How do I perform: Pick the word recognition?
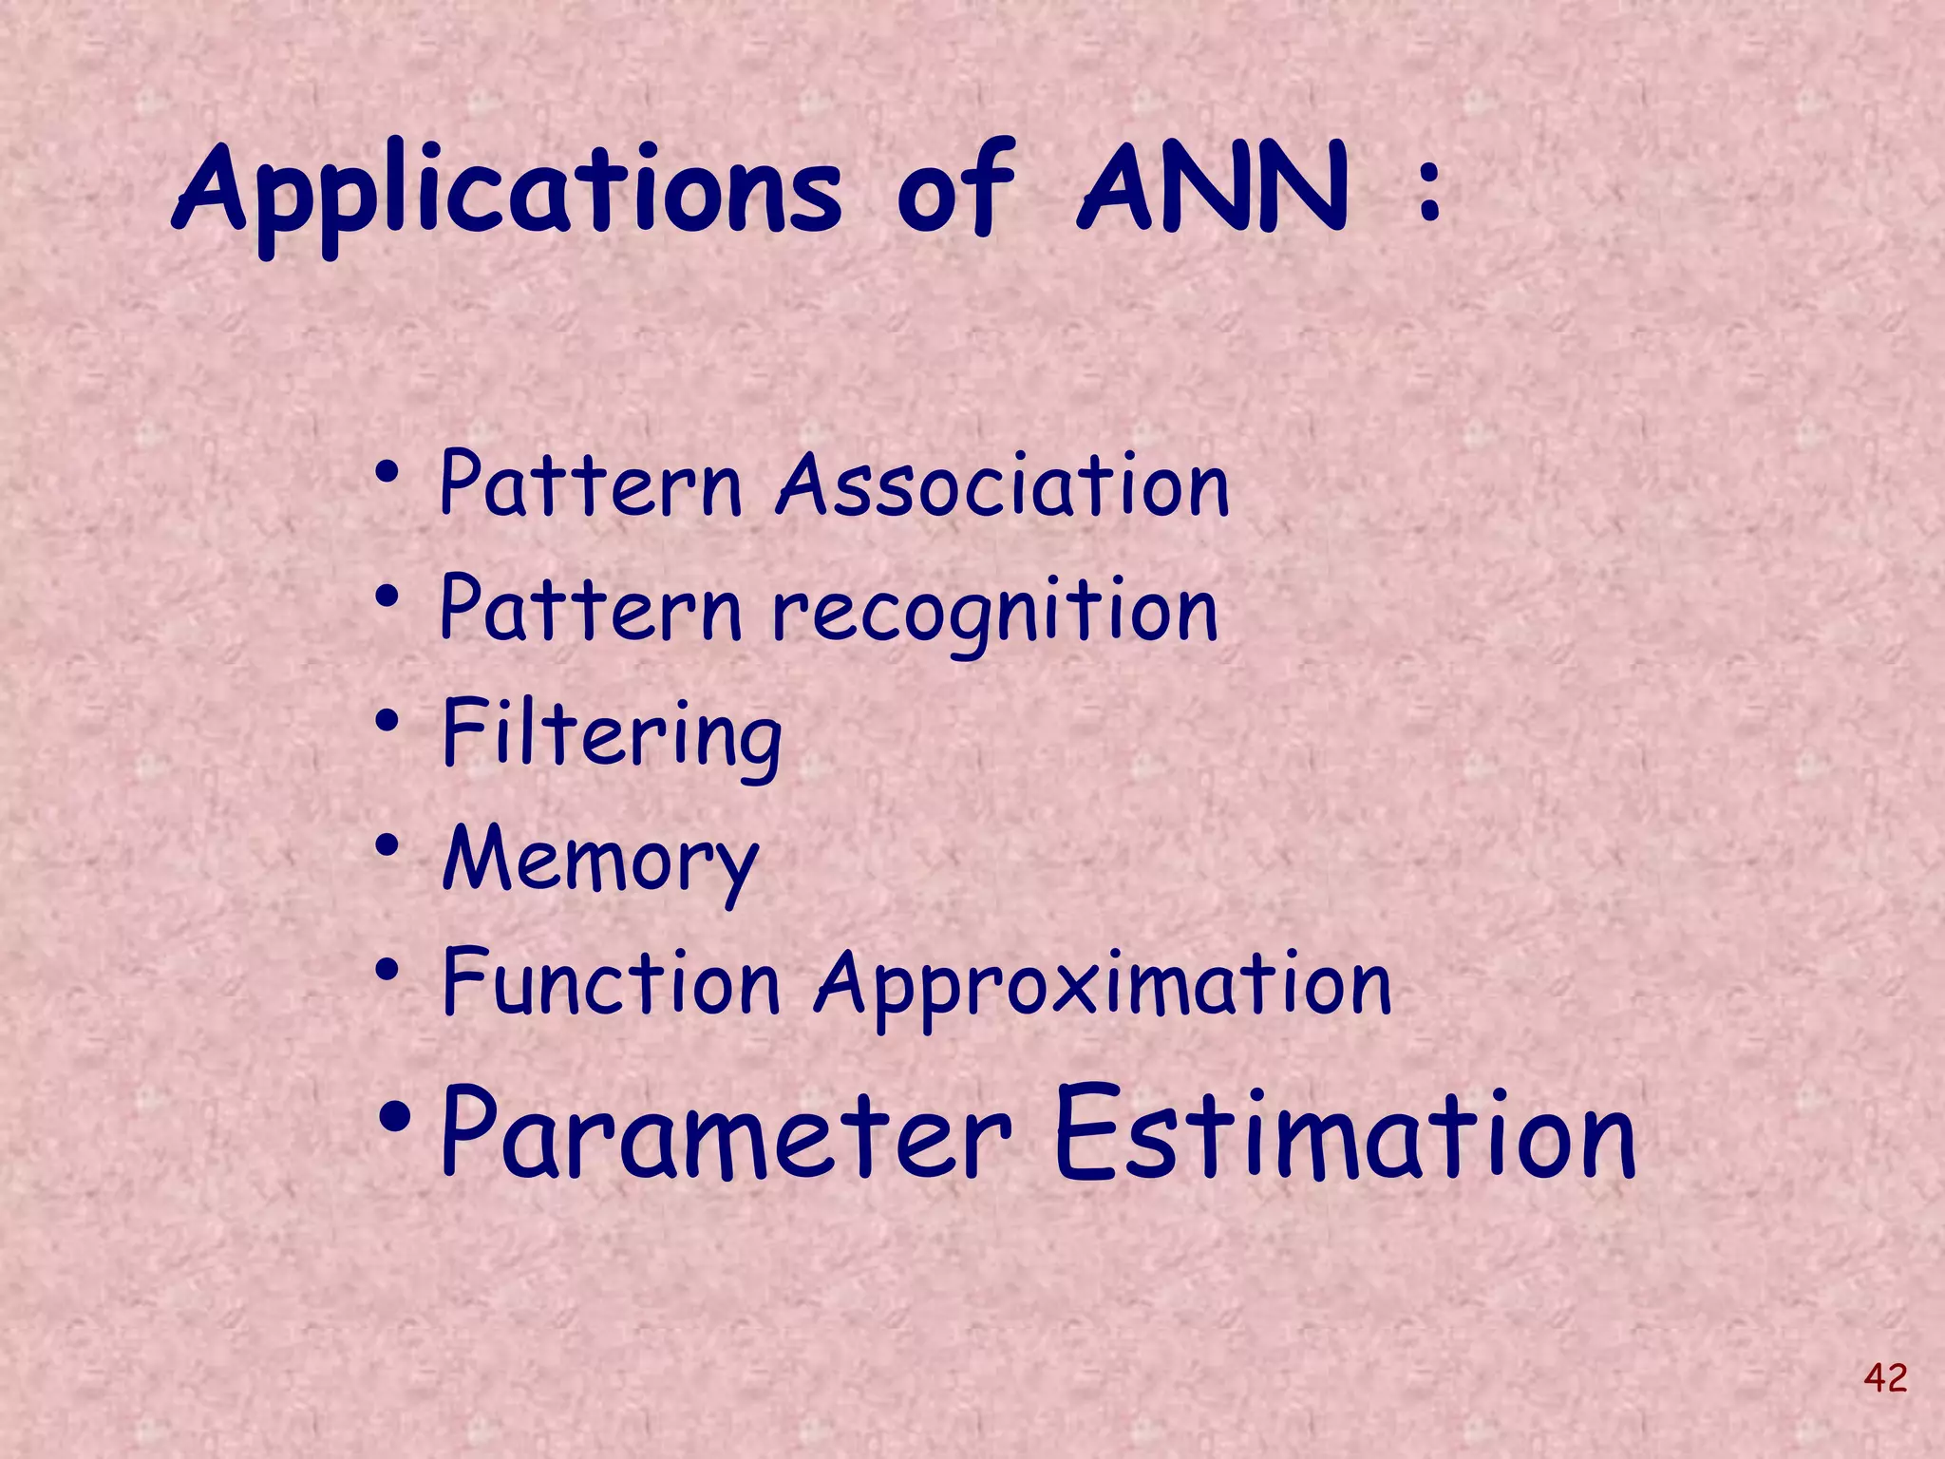(995, 613)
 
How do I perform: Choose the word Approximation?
(1104, 986)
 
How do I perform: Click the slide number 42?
(1885, 1376)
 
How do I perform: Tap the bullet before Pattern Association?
(387, 472)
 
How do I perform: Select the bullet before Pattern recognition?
(387, 597)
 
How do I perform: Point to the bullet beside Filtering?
(387, 722)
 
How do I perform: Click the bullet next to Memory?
(387, 846)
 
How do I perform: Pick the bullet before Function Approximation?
(387, 971)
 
